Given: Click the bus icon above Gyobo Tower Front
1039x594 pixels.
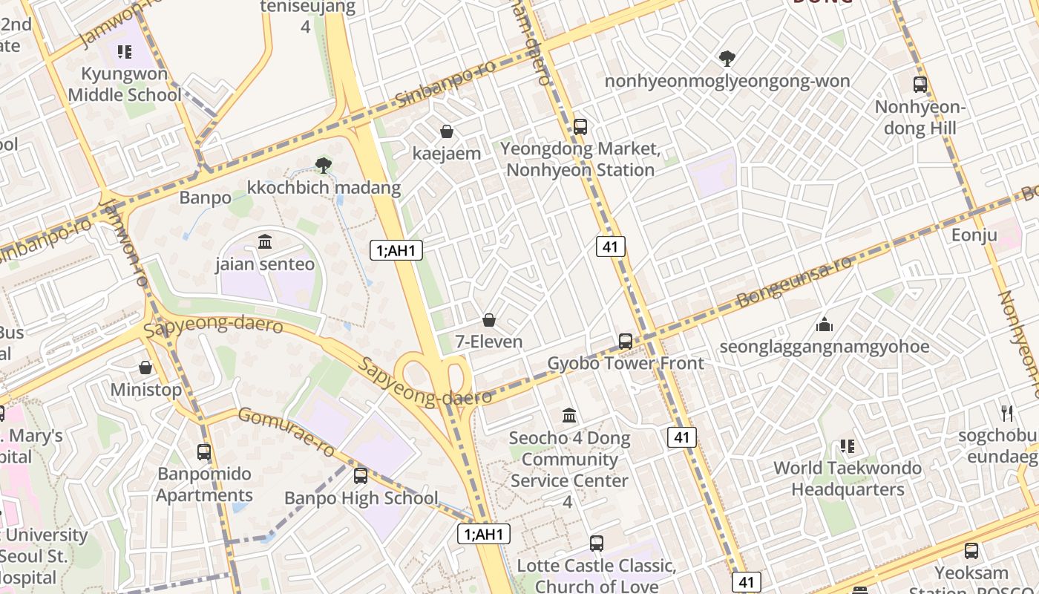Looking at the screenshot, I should tap(626, 342).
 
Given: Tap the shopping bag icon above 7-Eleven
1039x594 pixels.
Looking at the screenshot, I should tap(489, 320).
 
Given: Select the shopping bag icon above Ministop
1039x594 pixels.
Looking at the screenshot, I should tap(145, 368).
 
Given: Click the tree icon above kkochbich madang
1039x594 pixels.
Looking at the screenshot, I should tap(323, 166).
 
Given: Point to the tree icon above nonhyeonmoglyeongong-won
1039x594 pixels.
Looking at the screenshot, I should tap(727, 58).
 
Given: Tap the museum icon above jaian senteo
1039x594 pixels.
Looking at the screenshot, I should tap(265, 242).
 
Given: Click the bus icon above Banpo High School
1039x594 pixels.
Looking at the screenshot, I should tap(361, 476).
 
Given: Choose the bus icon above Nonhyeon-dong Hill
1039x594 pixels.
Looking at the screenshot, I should tap(920, 85).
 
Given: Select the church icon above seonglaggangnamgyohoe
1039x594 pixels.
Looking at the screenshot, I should tap(824, 324).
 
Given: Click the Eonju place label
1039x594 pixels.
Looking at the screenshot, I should tap(974, 235).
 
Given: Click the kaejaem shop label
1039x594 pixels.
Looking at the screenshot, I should tap(447, 154).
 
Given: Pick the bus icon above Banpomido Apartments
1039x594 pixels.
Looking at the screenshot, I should tap(204, 451).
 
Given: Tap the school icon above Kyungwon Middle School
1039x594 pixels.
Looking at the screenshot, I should tap(125, 52).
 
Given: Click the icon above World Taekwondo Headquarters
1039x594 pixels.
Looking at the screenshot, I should tap(848, 446).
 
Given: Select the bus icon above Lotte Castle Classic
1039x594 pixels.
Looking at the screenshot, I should tap(597, 544).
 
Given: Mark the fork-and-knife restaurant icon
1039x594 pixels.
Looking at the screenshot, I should tap(1007, 413).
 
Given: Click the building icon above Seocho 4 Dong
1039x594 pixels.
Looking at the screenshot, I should tap(569, 416).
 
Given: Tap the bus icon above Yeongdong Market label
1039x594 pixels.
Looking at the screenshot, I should tap(580, 127).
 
